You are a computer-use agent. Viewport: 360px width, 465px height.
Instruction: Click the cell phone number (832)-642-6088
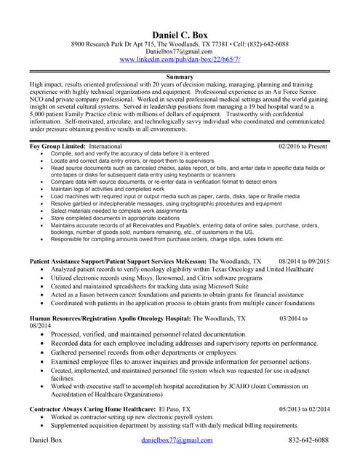pos(265,44)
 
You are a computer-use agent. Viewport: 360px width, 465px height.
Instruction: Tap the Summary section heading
pos(179,76)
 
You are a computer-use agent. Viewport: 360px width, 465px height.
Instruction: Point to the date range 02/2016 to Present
pos(303,146)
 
